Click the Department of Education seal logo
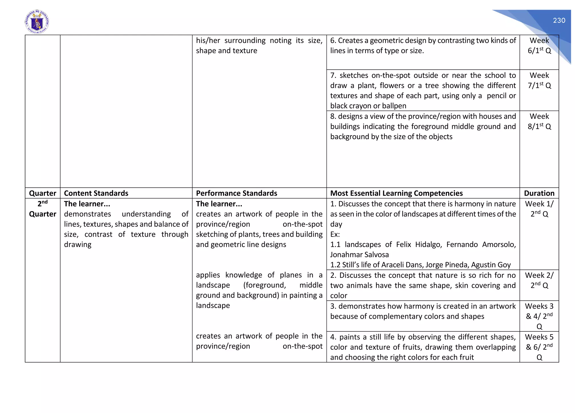pyautogui.click(x=37, y=22)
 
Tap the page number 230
pyautogui.click(x=559, y=21)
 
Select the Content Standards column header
pyautogui.click(x=96, y=193)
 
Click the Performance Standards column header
pyautogui.click(x=236, y=193)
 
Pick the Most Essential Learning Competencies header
pyautogui.click(x=396, y=193)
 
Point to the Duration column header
pyautogui.click(x=539, y=193)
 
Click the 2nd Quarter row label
pyautogui.click(x=42, y=209)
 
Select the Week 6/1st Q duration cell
pyautogui.click(x=539, y=46)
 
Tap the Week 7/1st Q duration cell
pyautogui.click(x=539, y=80)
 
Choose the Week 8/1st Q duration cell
pyautogui.click(x=539, y=121)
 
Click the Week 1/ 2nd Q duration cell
pyautogui.click(x=539, y=209)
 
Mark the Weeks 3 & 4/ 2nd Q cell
pyautogui.click(x=539, y=316)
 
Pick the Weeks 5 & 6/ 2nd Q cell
pyautogui.click(x=539, y=347)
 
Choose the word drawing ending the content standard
pyautogui.click(x=78, y=244)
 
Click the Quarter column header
pyautogui.click(x=42, y=193)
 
